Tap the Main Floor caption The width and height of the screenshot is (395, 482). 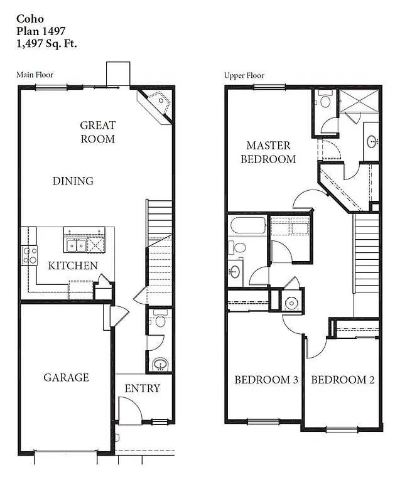[35, 75]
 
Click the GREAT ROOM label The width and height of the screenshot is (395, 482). [98, 132]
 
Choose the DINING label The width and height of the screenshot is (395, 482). [73, 181]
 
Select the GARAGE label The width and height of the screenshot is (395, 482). [66, 377]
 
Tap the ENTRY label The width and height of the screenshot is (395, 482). [142, 388]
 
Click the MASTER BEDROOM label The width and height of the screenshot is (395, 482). [268, 153]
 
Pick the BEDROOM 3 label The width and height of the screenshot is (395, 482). [266, 380]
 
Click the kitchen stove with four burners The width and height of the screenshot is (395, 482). [30, 254]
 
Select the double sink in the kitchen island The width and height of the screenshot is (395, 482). [76, 244]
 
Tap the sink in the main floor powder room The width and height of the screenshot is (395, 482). [161, 364]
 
